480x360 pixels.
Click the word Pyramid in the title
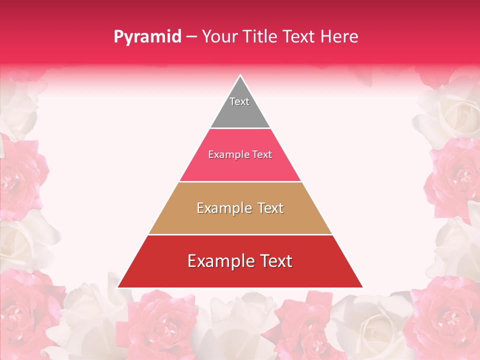coord(147,37)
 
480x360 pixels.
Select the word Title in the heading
coord(260,37)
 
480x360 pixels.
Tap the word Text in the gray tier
coord(239,101)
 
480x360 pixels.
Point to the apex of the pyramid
coord(240,76)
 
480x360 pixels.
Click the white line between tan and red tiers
coord(240,234)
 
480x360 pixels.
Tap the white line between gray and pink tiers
coord(240,128)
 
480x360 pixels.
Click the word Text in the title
coord(300,37)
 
